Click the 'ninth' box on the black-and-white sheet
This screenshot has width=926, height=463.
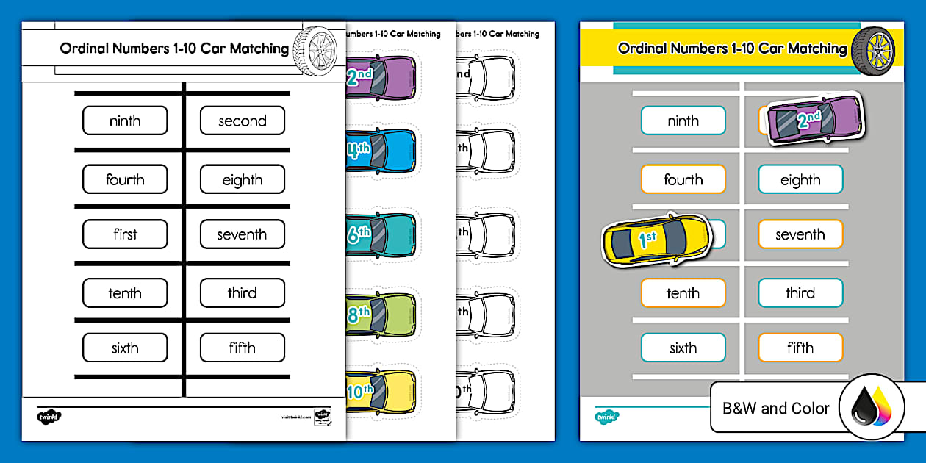pos(125,121)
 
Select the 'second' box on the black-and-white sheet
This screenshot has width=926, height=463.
pos(242,121)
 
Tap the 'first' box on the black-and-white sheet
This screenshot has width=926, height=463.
pos(125,234)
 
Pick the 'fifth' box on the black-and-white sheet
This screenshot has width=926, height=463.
pos(242,348)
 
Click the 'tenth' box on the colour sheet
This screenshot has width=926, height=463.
pos(683,292)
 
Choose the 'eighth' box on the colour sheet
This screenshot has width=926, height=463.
pos(800,179)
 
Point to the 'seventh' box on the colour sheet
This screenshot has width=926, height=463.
pos(800,234)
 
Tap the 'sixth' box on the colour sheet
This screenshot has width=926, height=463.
pos(683,348)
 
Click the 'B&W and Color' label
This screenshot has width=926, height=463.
pos(776,408)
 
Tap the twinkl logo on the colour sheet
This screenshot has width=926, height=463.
pos(606,416)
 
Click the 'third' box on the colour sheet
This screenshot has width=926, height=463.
pos(800,292)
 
